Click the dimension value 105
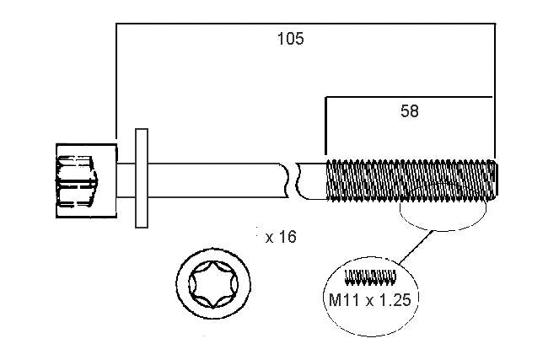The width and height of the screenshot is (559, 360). [x=291, y=39]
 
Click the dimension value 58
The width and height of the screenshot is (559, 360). [x=409, y=111]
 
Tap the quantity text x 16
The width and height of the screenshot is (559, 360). [x=281, y=237]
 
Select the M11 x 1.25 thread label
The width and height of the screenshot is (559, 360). [x=369, y=300]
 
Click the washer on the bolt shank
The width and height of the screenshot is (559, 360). [x=142, y=178]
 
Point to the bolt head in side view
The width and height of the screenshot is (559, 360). [x=87, y=180]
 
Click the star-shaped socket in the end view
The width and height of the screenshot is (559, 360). [x=213, y=284]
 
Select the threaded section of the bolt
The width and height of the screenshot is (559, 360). [x=411, y=180]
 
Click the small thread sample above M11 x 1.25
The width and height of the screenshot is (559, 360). [x=370, y=277]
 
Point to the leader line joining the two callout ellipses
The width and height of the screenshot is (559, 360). [x=416, y=248]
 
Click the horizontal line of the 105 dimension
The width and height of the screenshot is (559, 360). [x=305, y=24]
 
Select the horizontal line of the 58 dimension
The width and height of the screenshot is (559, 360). [x=409, y=97]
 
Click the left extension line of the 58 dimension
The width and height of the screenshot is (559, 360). [x=325, y=125]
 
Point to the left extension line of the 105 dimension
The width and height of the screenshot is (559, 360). [x=116, y=81]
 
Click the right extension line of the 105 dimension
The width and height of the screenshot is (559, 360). [x=495, y=91]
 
